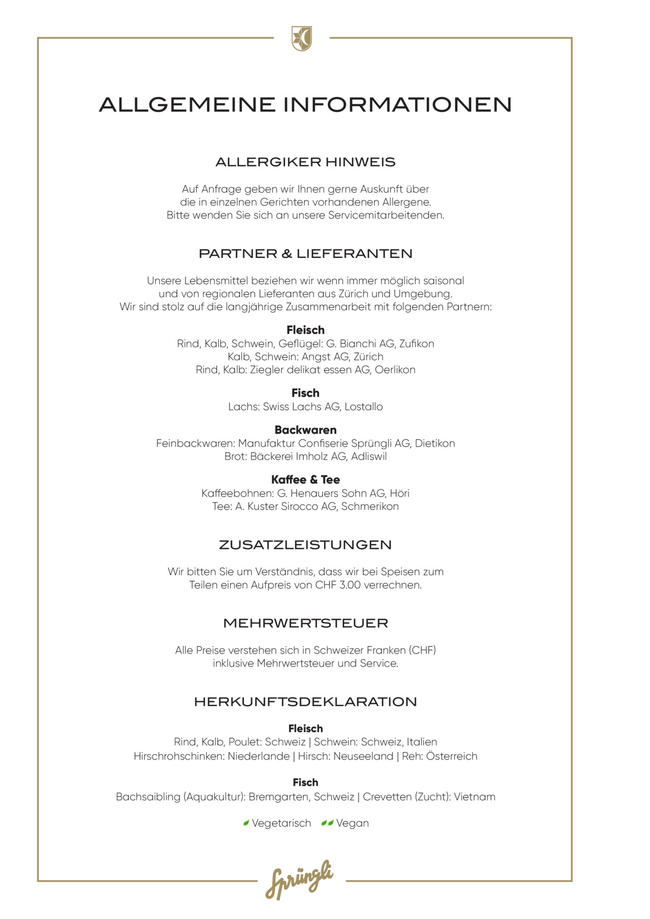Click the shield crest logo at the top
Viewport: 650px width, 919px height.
pos(302,38)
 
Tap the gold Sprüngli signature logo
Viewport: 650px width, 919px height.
pos(299,880)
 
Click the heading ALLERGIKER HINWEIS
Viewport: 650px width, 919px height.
pos(305,162)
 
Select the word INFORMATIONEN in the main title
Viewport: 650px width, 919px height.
pos(397,105)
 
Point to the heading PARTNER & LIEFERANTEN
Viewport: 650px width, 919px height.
pos(305,254)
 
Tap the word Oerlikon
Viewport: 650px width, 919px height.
pos(395,370)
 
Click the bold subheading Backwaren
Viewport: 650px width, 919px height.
pos(305,430)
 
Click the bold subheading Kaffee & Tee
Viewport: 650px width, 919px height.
pos(305,480)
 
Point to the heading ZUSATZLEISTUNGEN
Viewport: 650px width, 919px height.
pos(305,545)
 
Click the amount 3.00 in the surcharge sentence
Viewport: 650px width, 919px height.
pos(349,585)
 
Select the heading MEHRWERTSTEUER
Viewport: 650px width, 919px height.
pos(305,623)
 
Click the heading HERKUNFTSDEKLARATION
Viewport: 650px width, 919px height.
pos(305,702)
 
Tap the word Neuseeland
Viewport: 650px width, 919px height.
pos(363,756)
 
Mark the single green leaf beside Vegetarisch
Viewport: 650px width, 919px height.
pos(246,823)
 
